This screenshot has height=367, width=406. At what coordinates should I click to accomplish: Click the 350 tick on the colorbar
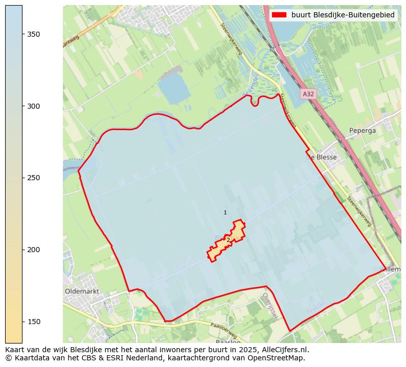(x=22, y=34)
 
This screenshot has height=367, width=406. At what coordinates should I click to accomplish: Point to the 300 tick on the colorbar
(x=22, y=106)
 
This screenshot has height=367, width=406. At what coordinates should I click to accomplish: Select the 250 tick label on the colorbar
(x=33, y=178)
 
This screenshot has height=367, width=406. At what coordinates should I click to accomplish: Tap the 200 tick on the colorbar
(x=22, y=250)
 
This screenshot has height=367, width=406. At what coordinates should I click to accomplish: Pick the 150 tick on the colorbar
(x=22, y=322)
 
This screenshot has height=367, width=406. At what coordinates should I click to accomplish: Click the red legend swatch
(x=279, y=15)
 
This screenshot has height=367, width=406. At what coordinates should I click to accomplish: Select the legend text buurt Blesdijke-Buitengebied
(x=343, y=15)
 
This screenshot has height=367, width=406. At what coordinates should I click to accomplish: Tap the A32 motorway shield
(x=308, y=94)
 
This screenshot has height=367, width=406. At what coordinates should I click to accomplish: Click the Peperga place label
(x=363, y=131)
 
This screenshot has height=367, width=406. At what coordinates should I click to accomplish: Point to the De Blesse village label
(x=322, y=157)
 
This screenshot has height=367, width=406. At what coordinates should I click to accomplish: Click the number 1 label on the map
(x=225, y=212)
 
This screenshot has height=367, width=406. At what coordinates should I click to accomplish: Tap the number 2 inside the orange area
(x=228, y=239)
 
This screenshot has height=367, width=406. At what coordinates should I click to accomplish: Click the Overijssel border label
(x=270, y=305)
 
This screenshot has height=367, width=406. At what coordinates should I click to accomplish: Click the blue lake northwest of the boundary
(x=174, y=90)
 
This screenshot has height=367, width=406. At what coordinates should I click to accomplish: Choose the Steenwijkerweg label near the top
(x=232, y=38)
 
